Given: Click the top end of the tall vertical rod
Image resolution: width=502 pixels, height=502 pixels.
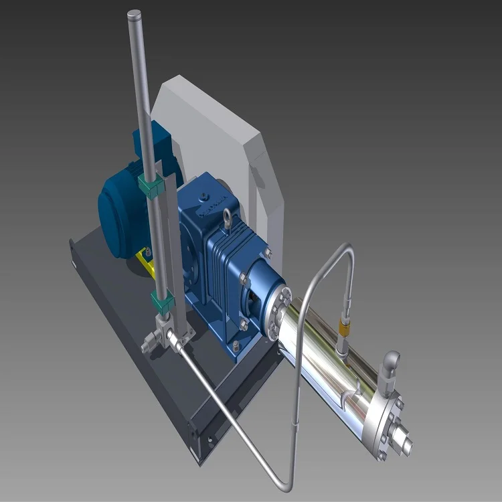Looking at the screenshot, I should [134, 13].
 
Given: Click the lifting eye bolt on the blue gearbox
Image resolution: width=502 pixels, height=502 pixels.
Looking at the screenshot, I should [230, 218].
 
